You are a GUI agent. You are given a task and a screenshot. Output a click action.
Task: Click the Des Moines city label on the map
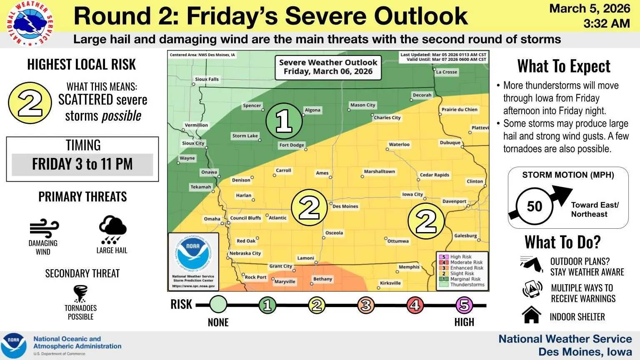345,206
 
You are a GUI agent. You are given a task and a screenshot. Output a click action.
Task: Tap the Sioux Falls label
207,79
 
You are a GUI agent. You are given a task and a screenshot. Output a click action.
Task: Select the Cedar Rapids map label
434,175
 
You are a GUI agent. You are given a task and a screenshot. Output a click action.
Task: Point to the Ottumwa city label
398,241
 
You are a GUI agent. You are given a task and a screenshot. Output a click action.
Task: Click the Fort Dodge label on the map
292,145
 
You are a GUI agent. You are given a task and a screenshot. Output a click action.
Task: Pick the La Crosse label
447,72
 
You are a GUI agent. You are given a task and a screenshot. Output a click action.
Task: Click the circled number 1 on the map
284,121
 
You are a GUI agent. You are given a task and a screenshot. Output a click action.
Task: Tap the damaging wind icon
44,228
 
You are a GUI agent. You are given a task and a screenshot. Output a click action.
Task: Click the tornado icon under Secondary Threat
80,293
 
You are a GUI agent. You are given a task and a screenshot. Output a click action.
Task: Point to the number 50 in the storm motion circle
535,206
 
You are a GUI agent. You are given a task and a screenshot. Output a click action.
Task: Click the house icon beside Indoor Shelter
532,315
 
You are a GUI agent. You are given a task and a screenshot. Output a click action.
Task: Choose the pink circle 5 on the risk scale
463,305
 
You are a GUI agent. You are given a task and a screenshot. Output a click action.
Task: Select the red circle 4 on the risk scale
415,305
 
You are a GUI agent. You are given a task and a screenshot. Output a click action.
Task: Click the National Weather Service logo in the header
30,24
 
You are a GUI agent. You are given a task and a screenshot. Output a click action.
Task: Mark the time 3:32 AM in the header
606,23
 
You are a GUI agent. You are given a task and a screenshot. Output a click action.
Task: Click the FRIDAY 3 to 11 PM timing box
82,164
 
